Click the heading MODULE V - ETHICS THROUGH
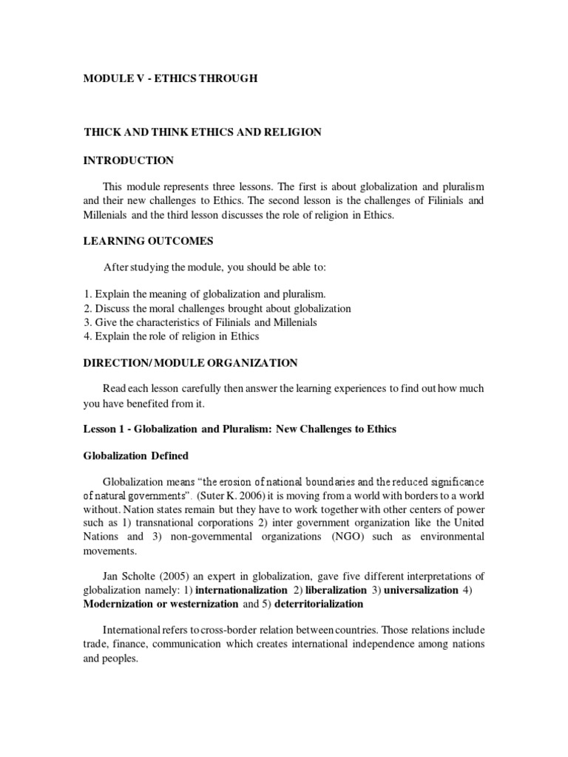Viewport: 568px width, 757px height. click(170, 78)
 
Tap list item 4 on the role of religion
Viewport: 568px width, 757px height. click(171, 336)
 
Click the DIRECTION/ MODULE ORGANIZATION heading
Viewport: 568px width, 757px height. click(190, 363)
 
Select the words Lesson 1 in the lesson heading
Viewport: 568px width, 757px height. click(103, 430)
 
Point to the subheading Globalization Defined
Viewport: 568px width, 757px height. click(136, 456)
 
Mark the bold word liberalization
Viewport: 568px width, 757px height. click(337, 590)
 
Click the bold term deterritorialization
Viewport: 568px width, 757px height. click(319, 604)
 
